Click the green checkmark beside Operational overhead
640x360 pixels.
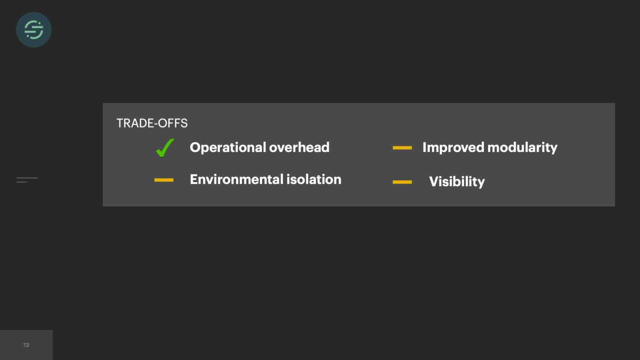click(x=165, y=148)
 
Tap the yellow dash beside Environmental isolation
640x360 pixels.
click(x=164, y=180)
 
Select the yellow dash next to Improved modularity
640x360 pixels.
click(x=402, y=148)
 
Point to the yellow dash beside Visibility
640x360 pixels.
click(x=402, y=182)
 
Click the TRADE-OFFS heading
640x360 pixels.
click(x=152, y=123)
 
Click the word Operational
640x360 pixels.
click(x=228, y=148)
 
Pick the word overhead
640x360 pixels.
click(x=299, y=147)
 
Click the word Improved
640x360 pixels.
click(x=453, y=148)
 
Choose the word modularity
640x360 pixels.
click(x=522, y=148)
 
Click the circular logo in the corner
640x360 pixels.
click(x=34, y=30)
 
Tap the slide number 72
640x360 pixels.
click(x=26, y=345)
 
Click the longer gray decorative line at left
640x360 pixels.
click(x=27, y=178)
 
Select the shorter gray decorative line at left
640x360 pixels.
click(x=22, y=182)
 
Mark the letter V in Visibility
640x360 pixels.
click(x=435, y=181)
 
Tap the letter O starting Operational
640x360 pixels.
click(x=195, y=147)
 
